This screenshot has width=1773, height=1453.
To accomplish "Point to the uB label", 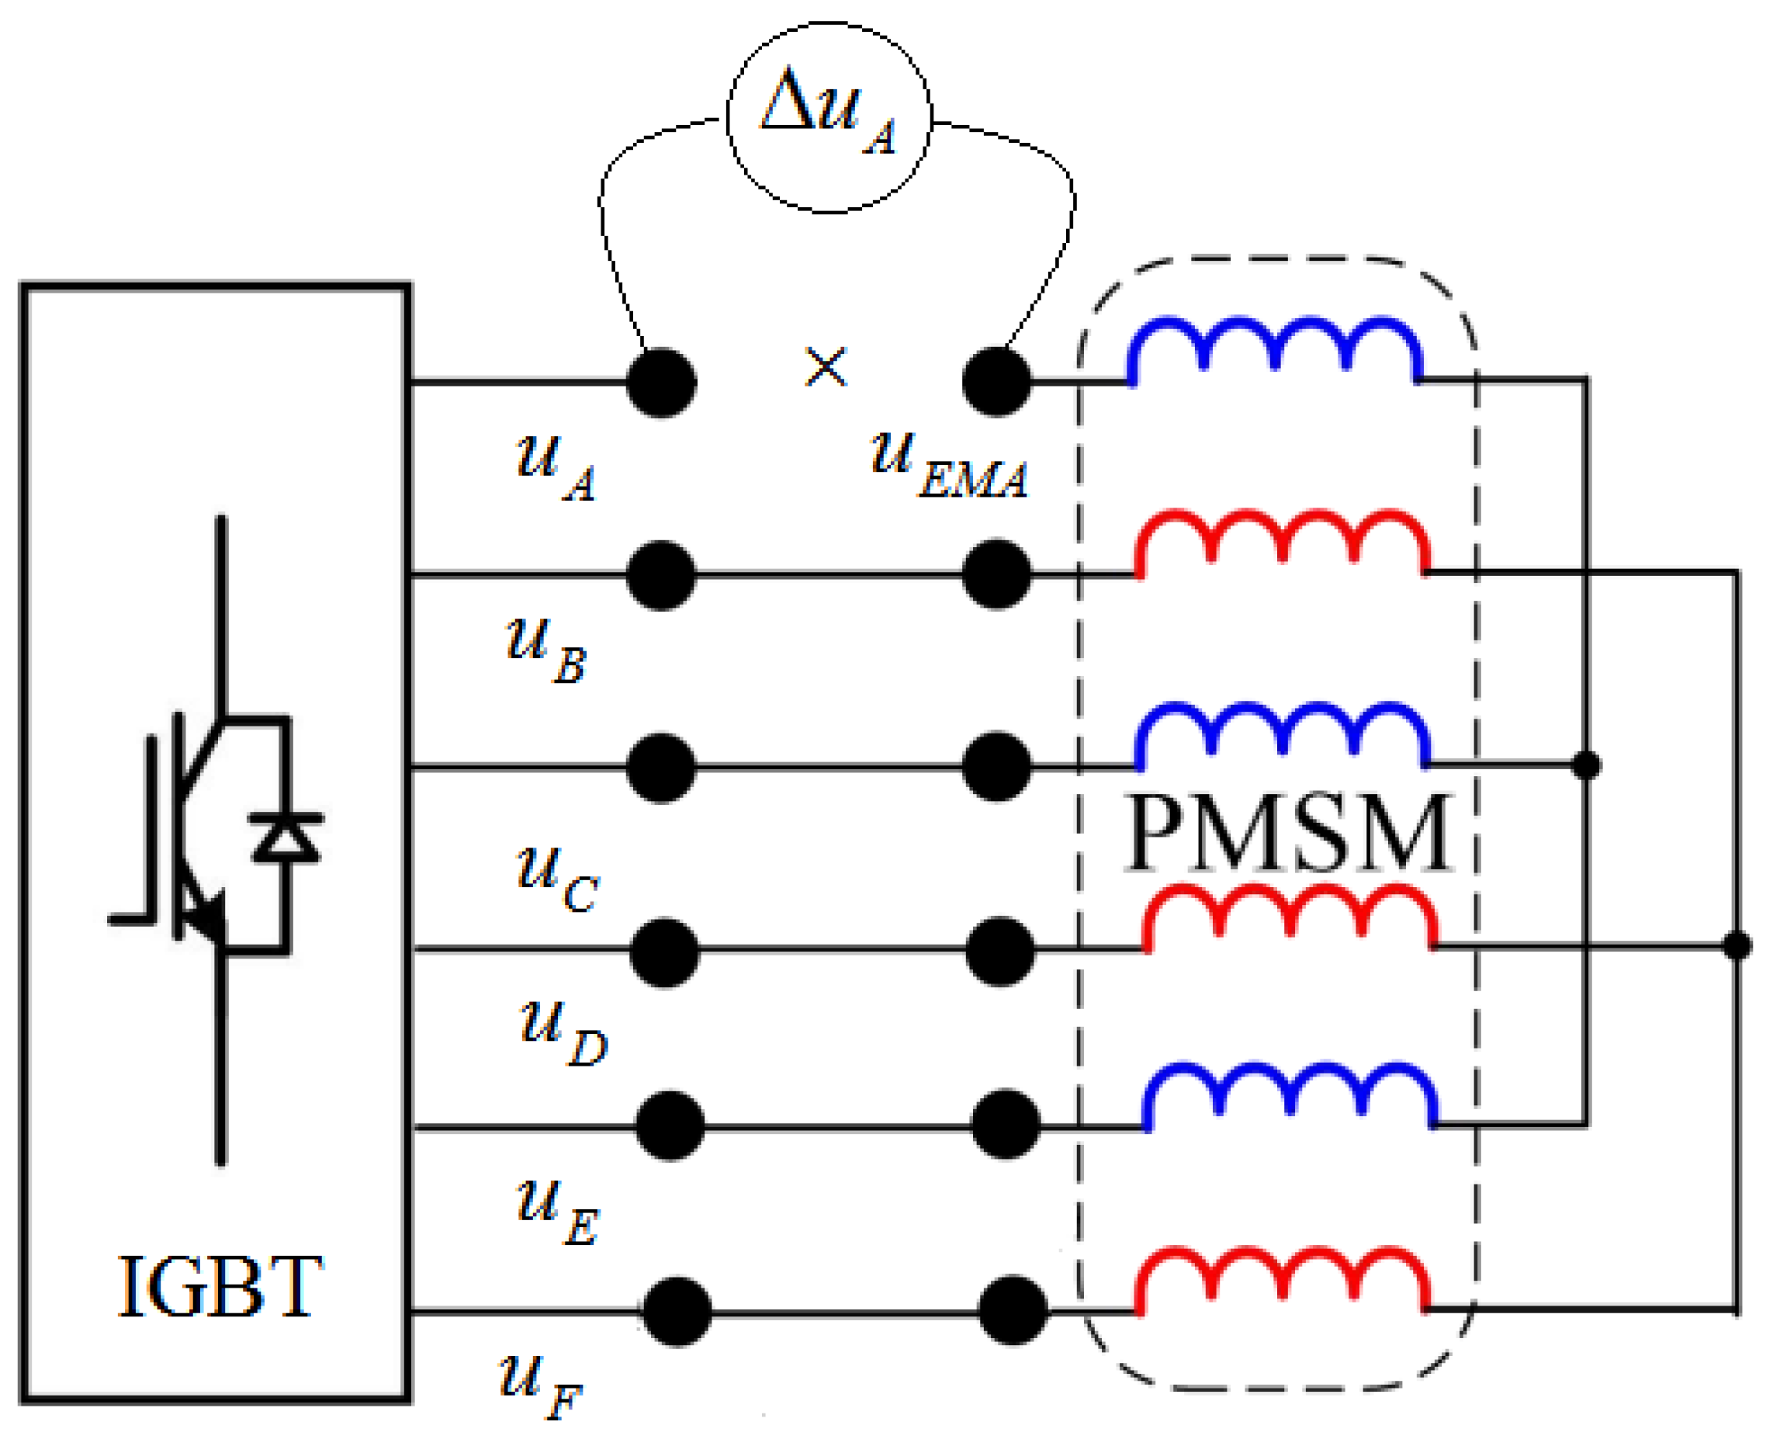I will pyautogui.click(x=546, y=650).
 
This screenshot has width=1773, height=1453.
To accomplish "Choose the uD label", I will pyautogui.click(x=563, y=1034).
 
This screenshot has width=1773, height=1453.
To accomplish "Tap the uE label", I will pyautogui.click(x=556, y=1214).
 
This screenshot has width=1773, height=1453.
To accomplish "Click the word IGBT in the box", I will pyautogui.click(x=220, y=1289).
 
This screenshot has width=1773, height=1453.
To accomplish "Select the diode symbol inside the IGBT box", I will pyautogui.click(x=286, y=837).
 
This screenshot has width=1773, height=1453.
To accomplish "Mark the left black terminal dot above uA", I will pyautogui.click(x=661, y=383).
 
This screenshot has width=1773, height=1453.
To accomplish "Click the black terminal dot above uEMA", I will pyautogui.click(x=996, y=382).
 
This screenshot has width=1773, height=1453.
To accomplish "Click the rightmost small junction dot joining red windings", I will pyautogui.click(x=1737, y=946).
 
